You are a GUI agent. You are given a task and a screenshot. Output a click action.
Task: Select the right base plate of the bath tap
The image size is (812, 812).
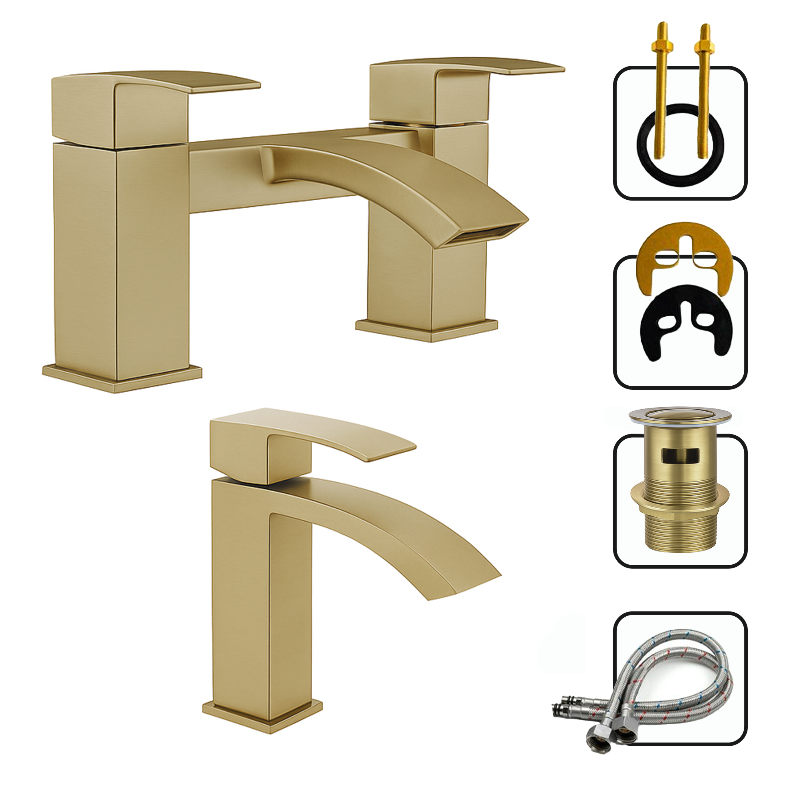pos(427,330)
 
